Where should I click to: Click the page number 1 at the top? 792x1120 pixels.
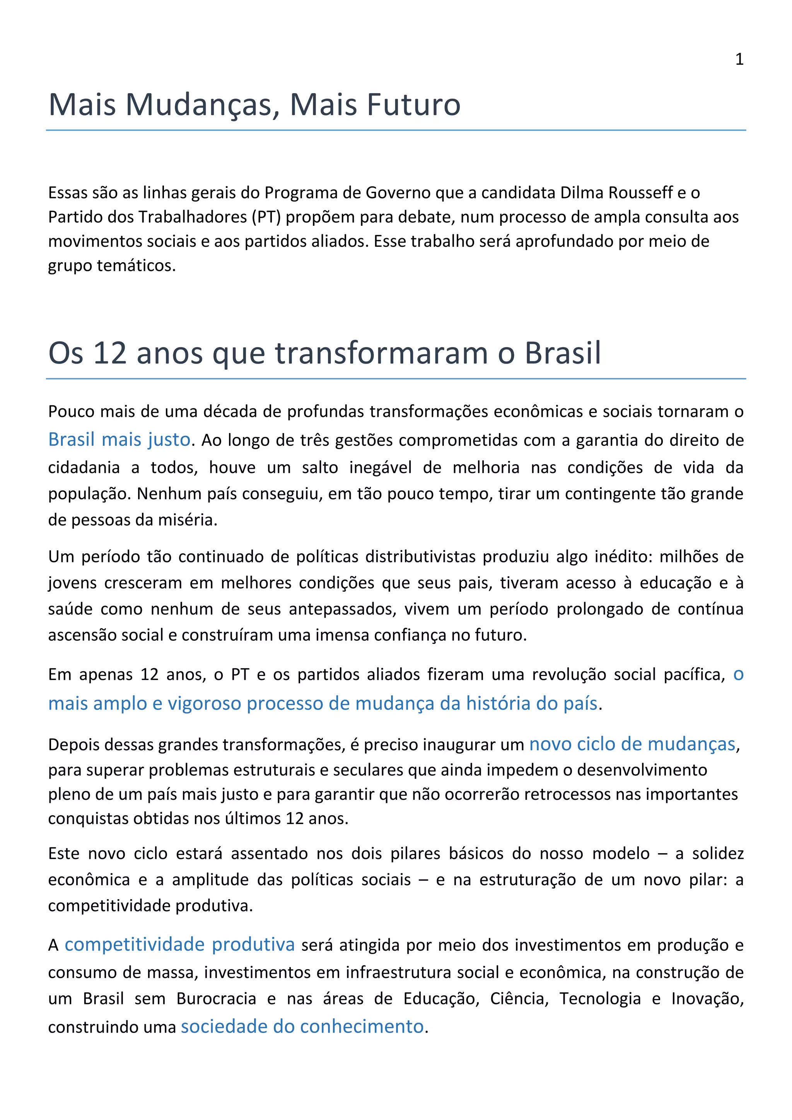click(x=739, y=59)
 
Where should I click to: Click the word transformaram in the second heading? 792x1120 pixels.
click(x=381, y=353)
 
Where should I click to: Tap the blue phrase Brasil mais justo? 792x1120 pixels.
click(x=119, y=439)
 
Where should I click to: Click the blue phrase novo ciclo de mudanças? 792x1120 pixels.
click(x=632, y=744)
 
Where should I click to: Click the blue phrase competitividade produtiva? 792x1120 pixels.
click(x=179, y=944)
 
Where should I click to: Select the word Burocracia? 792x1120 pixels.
click(x=216, y=999)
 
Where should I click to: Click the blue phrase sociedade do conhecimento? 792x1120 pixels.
click(x=302, y=1026)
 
